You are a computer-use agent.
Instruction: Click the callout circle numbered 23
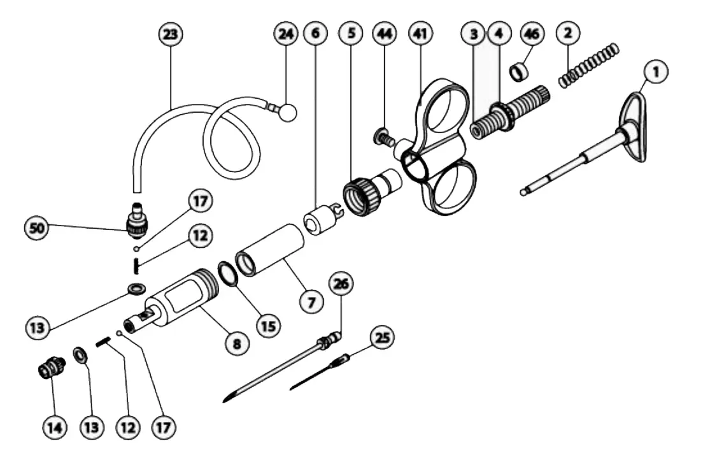[x=170, y=34]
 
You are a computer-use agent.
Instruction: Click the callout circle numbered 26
[x=341, y=284]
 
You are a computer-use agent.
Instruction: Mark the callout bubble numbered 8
[x=236, y=343]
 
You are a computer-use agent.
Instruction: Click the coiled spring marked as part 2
[x=589, y=64]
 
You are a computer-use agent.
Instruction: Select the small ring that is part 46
[x=521, y=69]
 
